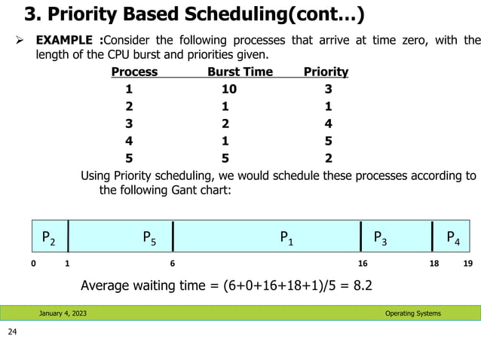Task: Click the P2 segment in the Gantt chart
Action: click(x=48, y=239)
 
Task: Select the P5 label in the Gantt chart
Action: click(x=150, y=239)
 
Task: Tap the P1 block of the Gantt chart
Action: click(x=287, y=239)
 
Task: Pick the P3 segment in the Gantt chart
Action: click(x=381, y=239)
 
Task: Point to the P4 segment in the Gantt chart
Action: click(x=455, y=239)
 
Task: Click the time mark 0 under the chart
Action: click(x=32, y=264)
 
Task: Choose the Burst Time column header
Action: click(x=239, y=72)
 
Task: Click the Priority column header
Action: click(x=326, y=72)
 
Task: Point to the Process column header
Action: click(x=134, y=72)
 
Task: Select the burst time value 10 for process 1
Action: click(x=228, y=89)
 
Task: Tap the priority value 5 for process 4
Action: click(x=328, y=141)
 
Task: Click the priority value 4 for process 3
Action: click(x=328, y=124)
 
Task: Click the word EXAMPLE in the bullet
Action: click(x=68, y=39)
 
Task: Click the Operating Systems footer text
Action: click(x=413, y=313)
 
